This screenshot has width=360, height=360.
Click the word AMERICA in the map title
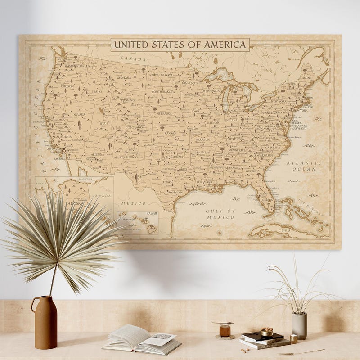(226, 45)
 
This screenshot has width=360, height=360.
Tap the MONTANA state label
(123, 77)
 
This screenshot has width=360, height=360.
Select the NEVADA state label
(79, 114)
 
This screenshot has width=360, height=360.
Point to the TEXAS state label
(167, 182)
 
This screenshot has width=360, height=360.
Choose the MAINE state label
(307, 78)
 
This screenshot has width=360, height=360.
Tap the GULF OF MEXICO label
(220, 214)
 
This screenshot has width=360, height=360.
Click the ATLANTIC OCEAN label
(304, 166)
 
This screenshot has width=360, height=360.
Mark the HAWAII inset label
(152, 214)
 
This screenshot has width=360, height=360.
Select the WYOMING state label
(127, 100)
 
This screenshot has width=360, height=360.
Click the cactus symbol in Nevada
(80, 124)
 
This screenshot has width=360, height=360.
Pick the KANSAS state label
(170, 133)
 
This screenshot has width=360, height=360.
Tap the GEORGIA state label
(252, 171)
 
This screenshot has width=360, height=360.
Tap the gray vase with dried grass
(299, 325)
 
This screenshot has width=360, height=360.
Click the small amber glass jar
(225, 330)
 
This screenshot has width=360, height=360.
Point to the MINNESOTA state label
(190, 83)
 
